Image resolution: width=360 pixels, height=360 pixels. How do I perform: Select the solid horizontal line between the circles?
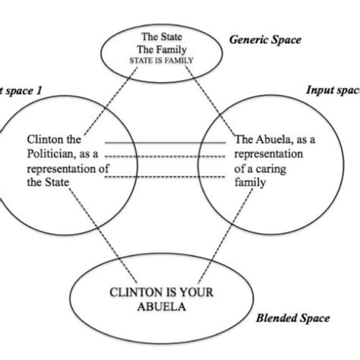pos(165,142)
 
